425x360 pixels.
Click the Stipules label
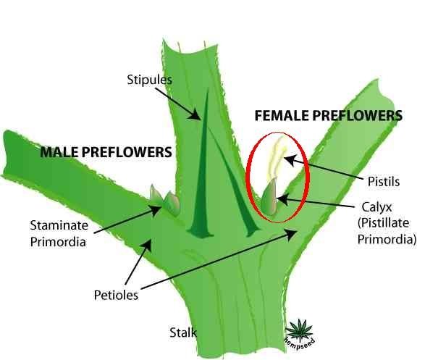pos(149,80)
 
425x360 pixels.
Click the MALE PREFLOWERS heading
pos(106,152)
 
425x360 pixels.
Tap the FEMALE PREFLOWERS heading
pos(329,115)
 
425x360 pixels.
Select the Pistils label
pos(384,181)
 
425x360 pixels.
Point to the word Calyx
pos(376,207)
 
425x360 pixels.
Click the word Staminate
pos(59,225)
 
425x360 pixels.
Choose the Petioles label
pos(116,295)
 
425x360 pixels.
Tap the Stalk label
pos(183,332)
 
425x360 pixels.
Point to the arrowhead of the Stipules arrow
pos(195,115)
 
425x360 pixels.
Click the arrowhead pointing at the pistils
pos(289,159)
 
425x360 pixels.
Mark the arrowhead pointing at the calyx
pos(282,200)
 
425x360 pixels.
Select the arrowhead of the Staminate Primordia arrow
pos(156,209)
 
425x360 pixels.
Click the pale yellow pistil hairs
pos(276,159)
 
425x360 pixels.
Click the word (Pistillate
pos(383,223)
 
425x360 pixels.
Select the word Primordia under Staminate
pos(58,242)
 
